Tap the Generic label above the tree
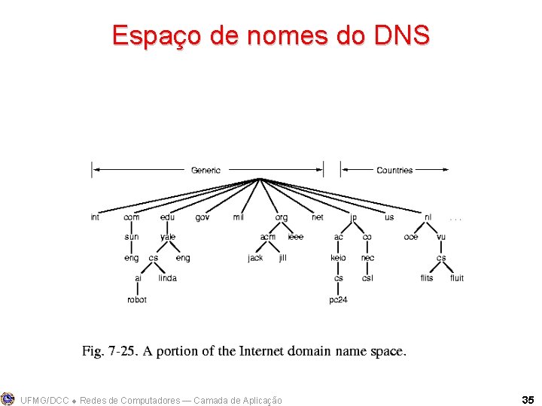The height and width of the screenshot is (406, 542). pyautogui.click(x=206, y=171)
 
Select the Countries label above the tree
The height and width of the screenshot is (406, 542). pyautogui.click(x=394, y=171)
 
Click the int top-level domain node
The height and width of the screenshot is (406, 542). pyautogui.click(x=95, y=217)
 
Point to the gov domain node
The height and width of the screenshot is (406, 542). pyautogui.click(x=202, y=217)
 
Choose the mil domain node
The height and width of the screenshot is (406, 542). pyautogui.click(x=239, y=217)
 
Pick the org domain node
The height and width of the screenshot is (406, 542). pyautogui.click(x=281, y=217)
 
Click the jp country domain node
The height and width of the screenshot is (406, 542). pyautogui.click(x=353, y=217)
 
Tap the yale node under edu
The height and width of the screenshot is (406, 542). pyautogui.click(x=167, y=237)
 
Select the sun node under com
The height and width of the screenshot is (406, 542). pyautogui.click(x=132, y=237)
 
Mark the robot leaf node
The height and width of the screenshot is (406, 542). pyautogui.click(x=137, y=299)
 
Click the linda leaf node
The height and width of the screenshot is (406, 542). pyautogui.click(x=167, y=278)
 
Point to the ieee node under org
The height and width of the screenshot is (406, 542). pyautogui.click(x=295, y=237)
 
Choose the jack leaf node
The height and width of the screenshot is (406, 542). pyautogui.click(x=255, y=258)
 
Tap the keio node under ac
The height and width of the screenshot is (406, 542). pyautogui.click(x=338, y=258)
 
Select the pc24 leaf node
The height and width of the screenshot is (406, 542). pyautogui.click(x=338, y=299)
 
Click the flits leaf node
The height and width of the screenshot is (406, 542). pyautogui.click(x=427, y=278)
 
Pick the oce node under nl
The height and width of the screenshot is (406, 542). pyautogui.click(x=411, y=237)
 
